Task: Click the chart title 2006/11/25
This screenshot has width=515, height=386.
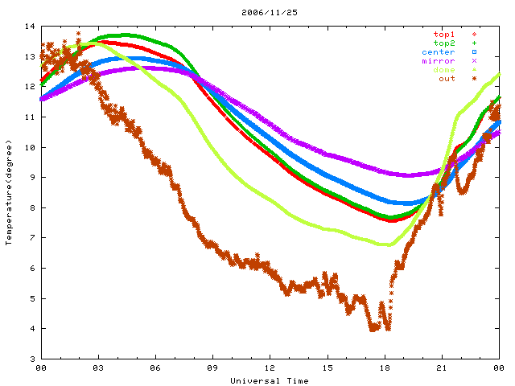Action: pyautogui.click(x=257, y=12)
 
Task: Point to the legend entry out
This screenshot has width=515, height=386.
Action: pyautogui.click(x=447, y=79)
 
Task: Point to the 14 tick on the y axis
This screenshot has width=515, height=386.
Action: pyautogui.click(x=31, y=27)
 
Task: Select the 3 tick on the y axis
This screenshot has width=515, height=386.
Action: pyautogui.click(x=31, y=359)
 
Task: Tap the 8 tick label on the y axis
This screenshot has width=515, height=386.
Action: pyautogui.click(x=31, y=207)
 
